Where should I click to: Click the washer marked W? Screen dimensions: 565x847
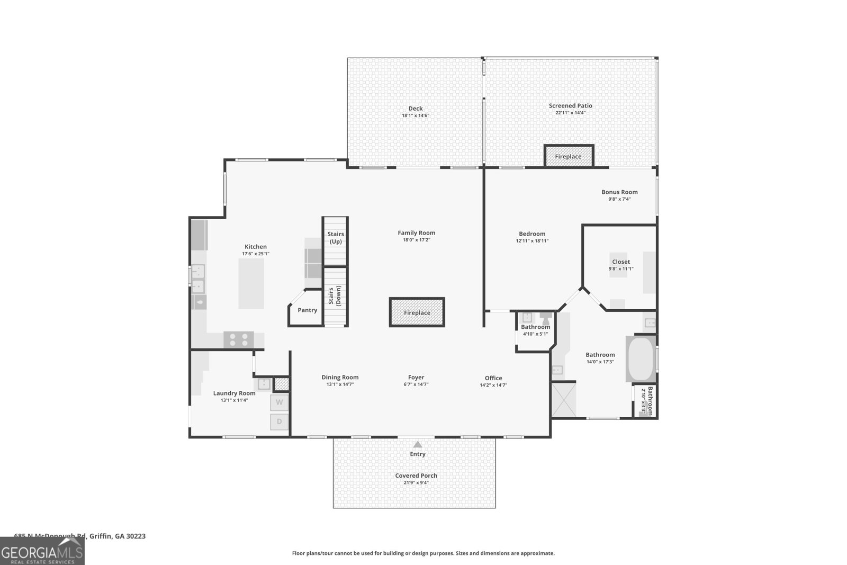[x=279, y=402]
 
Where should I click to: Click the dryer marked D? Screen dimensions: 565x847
[x=279, y=422]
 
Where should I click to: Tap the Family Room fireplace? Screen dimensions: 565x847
[x=417, y=312]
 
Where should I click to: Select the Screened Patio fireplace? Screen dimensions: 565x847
[x=569, y=156]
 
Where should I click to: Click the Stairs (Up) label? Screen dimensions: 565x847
[x=336, y=238]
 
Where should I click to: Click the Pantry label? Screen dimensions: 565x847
[x=307, y=310]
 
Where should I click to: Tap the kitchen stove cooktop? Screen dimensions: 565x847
[x=238, y=339]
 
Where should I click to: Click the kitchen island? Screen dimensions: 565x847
[x=251, y=283]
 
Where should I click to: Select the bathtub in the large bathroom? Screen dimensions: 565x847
[x=641, y=358]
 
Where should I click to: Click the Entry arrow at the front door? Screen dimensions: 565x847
[x=418, y=445]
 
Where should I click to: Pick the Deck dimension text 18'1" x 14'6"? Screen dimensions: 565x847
[x=416, y=115]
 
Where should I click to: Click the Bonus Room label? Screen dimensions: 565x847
[x=619, y=192]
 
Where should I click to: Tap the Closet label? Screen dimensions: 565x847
[x=621, y=262]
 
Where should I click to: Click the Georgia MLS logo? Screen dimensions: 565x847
[x=42, y=551]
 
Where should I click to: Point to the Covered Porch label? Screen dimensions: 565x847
[x=416, y=476]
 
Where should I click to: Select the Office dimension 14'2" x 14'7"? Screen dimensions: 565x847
[x=493, y=385]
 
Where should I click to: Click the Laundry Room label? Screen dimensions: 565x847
[x=234, y=393]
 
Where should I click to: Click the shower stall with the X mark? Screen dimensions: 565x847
[x=564, y=400]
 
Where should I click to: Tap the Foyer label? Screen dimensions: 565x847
[x=416, y=378]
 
